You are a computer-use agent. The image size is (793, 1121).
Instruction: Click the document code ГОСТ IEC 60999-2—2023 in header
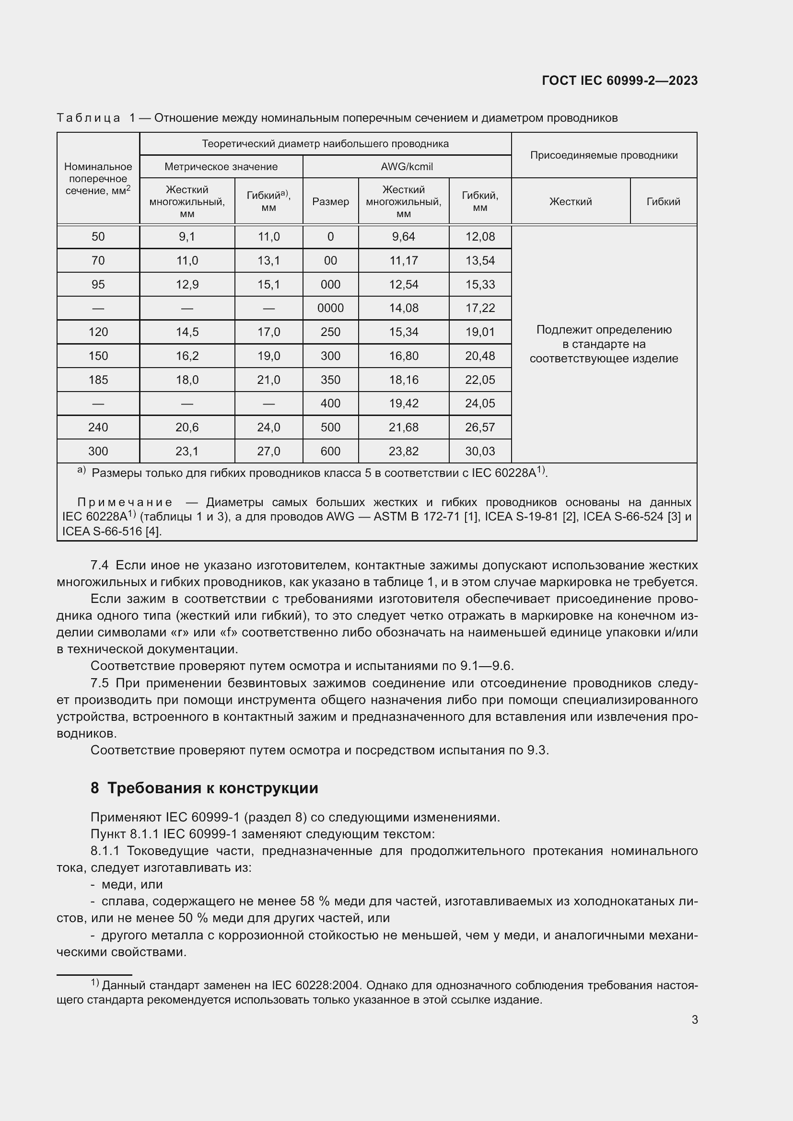click(x=619, y=81)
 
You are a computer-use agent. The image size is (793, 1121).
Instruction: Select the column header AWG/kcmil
click(x=406, y=166)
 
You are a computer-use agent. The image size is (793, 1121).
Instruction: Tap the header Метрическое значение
click(x=221, y=166)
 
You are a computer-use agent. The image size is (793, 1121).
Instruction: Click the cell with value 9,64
click(x=403, y=237)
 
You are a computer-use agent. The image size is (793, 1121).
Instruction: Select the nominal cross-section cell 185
click(x=98, y=380)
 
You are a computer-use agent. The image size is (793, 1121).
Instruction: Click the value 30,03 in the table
click(x=479, y=451)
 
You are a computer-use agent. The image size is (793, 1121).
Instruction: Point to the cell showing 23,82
click(x=403, y=451)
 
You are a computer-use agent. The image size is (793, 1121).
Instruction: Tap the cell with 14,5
click(x=187, y=332)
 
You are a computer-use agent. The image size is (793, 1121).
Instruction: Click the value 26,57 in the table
click(x=479, y=427)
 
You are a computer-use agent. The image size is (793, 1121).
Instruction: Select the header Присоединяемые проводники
click(x=604, y=155)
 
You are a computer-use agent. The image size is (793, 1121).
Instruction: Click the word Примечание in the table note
click(x=125, y=502)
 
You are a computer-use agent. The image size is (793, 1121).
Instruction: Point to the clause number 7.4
click(x=99, y=566)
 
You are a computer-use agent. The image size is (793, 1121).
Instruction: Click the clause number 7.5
click(x=99, y=683)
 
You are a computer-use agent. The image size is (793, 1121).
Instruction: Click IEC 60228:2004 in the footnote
click(x=315, y=985)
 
